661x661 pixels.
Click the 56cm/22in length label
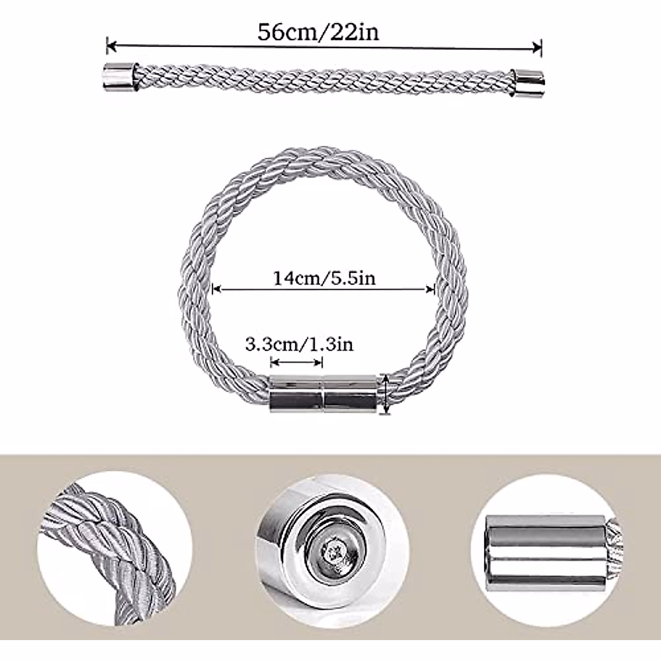tap(318, 32)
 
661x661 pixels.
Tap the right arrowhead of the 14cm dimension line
tap(431, 288)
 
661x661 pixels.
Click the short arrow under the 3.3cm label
tap(296, 362)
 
